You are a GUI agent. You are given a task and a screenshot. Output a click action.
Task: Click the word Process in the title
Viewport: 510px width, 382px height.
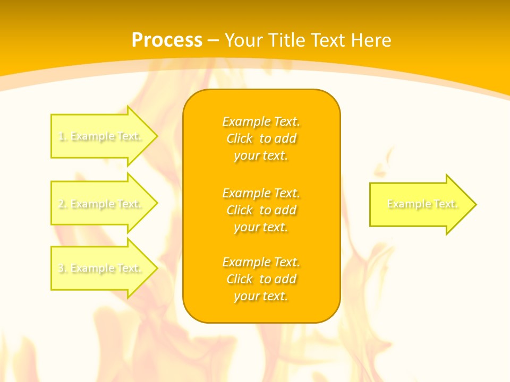pyautogui.click(x=167, y=40)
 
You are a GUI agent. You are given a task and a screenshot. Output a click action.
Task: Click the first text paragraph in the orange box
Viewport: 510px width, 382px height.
pyautogui.click(x=261, y=138)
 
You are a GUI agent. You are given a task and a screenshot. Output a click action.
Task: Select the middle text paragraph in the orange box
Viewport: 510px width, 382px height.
pyautogui.click(x=261, y=210)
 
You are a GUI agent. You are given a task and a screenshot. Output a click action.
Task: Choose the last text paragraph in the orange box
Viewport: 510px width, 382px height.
pyautogui.click(x=261, y=279)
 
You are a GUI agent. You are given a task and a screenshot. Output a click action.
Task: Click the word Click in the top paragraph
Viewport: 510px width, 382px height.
pyautogui.click(x=240, y=138)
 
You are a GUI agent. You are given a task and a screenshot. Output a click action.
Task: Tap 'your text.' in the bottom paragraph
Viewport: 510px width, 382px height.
pyautogui.click(x=261, y=296)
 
